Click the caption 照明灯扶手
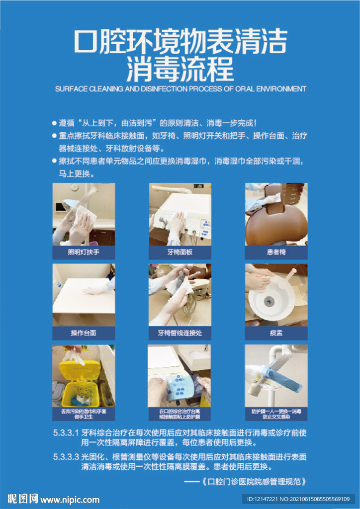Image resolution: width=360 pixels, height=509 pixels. (x=84, y=253)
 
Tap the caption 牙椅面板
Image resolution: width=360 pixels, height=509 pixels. (x=180, y=253)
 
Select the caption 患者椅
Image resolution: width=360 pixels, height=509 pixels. (x=276, y=253)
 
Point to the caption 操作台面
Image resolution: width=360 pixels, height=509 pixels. (x=84, y=333)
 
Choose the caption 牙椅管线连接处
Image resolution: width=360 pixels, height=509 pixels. (x=180, y=333)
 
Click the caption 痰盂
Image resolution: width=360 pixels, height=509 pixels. (x=276, y=333)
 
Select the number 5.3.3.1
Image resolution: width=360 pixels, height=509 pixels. (x=66, y=432)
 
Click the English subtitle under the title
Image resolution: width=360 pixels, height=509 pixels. (x=180, y=89)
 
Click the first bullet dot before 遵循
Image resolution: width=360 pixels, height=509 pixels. (x=54, y=123)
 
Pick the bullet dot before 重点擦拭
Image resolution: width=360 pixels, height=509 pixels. (x=54, y=136)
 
